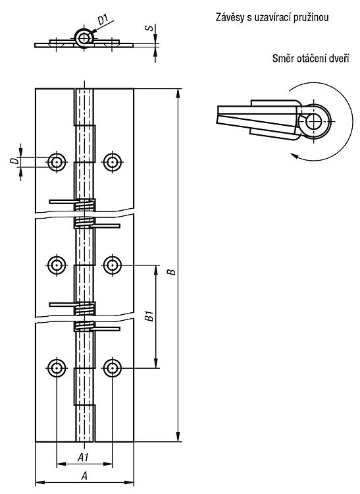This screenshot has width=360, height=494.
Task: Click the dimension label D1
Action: (103, 20)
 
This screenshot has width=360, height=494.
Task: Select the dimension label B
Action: (172, 271)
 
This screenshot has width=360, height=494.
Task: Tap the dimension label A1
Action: (84, 457)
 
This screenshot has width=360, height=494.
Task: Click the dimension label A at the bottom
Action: (84, 476)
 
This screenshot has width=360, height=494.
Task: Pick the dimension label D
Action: (14, 161)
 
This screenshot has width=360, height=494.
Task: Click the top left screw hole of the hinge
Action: (57, 162)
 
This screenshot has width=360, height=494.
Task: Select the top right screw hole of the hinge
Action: (113, 162)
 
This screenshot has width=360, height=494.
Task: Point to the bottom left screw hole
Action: (57, 368)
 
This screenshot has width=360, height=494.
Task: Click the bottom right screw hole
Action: (113, 368)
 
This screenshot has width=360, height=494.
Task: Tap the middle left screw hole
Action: (57, 265)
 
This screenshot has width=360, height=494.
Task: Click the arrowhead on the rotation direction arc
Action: (294, 155)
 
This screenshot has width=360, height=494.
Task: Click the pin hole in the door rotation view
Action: (314, 121)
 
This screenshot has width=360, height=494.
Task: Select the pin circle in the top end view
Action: (84, 38)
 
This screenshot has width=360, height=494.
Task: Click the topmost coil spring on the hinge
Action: (84, 205)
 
